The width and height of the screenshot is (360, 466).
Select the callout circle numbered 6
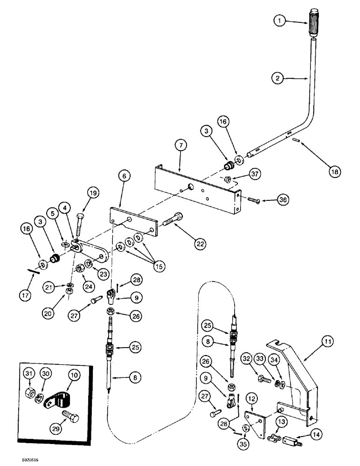(124, 177)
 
